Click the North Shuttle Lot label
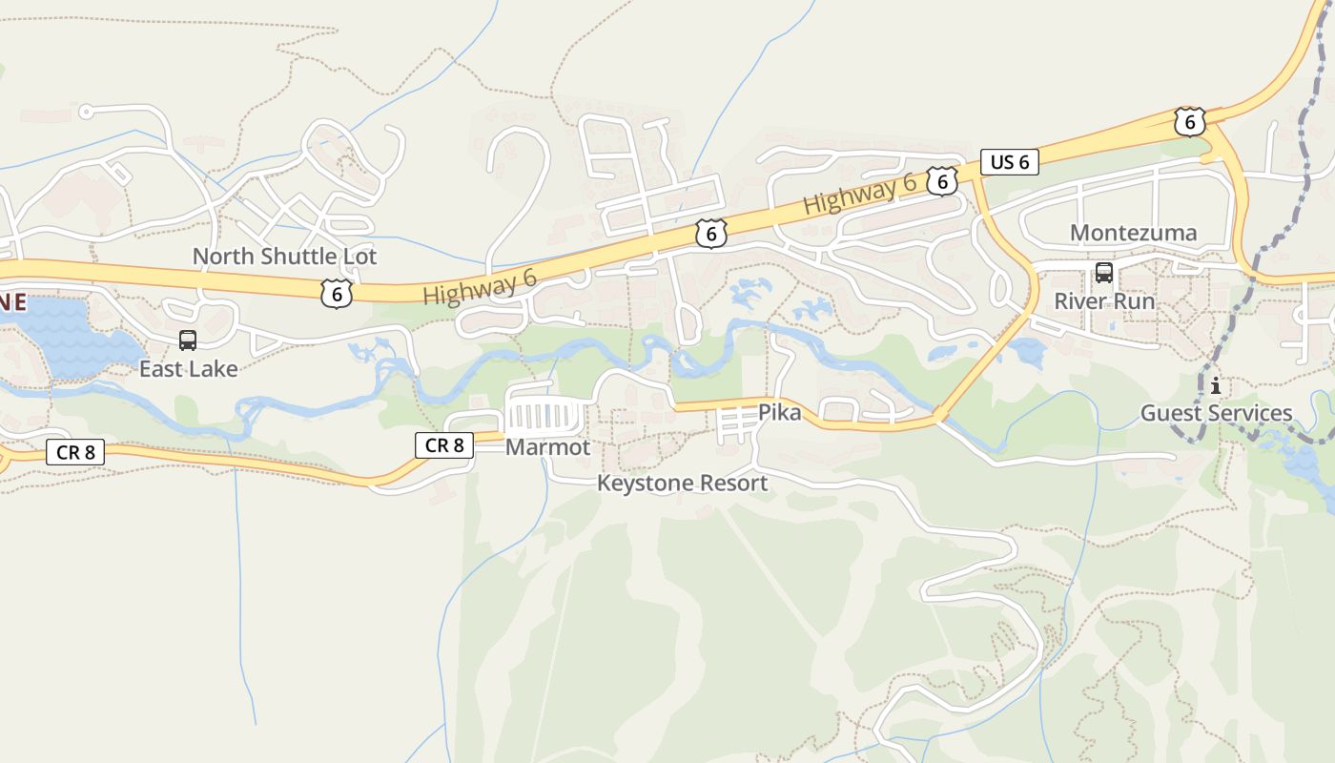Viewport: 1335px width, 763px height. coord(284,257)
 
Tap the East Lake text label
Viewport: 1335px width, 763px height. coord(188,369)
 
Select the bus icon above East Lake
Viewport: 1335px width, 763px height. coord(188,340)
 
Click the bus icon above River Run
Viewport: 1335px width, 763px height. coord(1104,272)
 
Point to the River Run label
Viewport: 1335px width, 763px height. coord(1104,301)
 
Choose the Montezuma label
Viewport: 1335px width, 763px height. coord(1133,233)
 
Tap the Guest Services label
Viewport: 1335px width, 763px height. coord(1216,413)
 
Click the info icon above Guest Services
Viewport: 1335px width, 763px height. coord(1216,386)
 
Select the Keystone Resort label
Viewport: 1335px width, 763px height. coord(682,484)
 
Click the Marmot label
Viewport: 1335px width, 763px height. coord(547,447)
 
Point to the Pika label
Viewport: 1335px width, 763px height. coord(779,413)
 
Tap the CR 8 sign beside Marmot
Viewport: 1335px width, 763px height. coord(444,444)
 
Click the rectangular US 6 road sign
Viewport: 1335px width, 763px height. coord(1010,162)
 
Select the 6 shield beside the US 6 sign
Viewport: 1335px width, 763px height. coord(942,180)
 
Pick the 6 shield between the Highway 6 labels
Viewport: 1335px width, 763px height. coord(710,233)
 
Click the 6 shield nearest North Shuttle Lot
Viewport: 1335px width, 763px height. coord(337,293)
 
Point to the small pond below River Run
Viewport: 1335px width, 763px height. coord(1028,352)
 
